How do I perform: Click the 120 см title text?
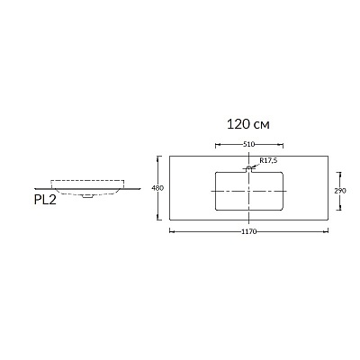click(248, 124)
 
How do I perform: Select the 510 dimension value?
click(248, 145)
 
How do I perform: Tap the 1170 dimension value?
click(249, 231)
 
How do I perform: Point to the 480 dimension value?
click(157, 188)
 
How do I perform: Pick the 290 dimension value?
click(340, 191)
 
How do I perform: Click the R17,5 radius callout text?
click(268, 160)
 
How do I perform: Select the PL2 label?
click(45, 200)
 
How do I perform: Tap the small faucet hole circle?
click(248, 168)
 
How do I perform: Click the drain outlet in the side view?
click(87, 196)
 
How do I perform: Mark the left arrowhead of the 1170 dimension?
click(172, 231)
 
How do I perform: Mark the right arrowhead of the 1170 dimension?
click(326, 231)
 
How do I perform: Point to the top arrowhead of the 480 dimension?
click(158, 158)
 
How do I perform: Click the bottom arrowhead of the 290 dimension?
click(339, 208)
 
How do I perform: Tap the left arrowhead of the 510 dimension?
click(218, 146)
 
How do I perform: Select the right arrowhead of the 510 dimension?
click(281, 146)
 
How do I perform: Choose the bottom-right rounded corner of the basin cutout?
click(281, 208)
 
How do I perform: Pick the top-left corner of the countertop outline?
click(169, 156)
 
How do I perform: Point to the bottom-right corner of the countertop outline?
click(328, 220)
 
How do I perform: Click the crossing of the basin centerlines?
click(249, 191)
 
